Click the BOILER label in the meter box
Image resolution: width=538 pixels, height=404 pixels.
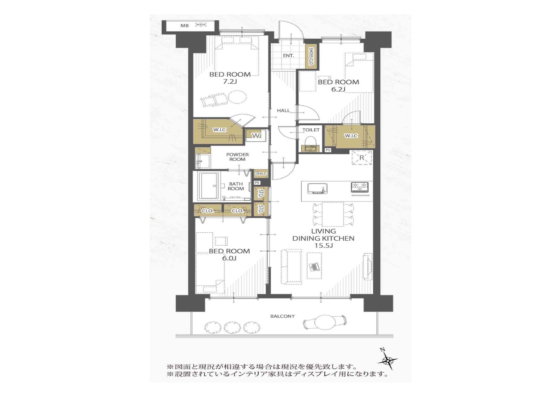tap(201, 24)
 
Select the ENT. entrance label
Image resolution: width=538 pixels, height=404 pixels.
tap(288, 56)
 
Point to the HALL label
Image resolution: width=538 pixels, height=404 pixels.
tap(283, 111)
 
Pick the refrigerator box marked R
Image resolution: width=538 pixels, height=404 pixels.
tap(361, 157)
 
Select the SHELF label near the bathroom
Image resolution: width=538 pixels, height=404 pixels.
tap(261, 174)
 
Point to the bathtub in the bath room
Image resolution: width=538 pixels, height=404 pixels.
tap(209, 186)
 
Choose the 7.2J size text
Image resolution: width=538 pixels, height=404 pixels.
tap(229, 82)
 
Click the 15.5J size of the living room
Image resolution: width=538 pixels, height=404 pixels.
tap(323, 245)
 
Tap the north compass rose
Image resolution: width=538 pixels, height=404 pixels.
tap(388, 360)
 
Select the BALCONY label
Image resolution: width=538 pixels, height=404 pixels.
tap(282, 316)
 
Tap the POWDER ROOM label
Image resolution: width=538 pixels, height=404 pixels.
tap(237, 157)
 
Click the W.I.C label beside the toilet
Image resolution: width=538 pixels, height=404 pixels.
tap(351, 136)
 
